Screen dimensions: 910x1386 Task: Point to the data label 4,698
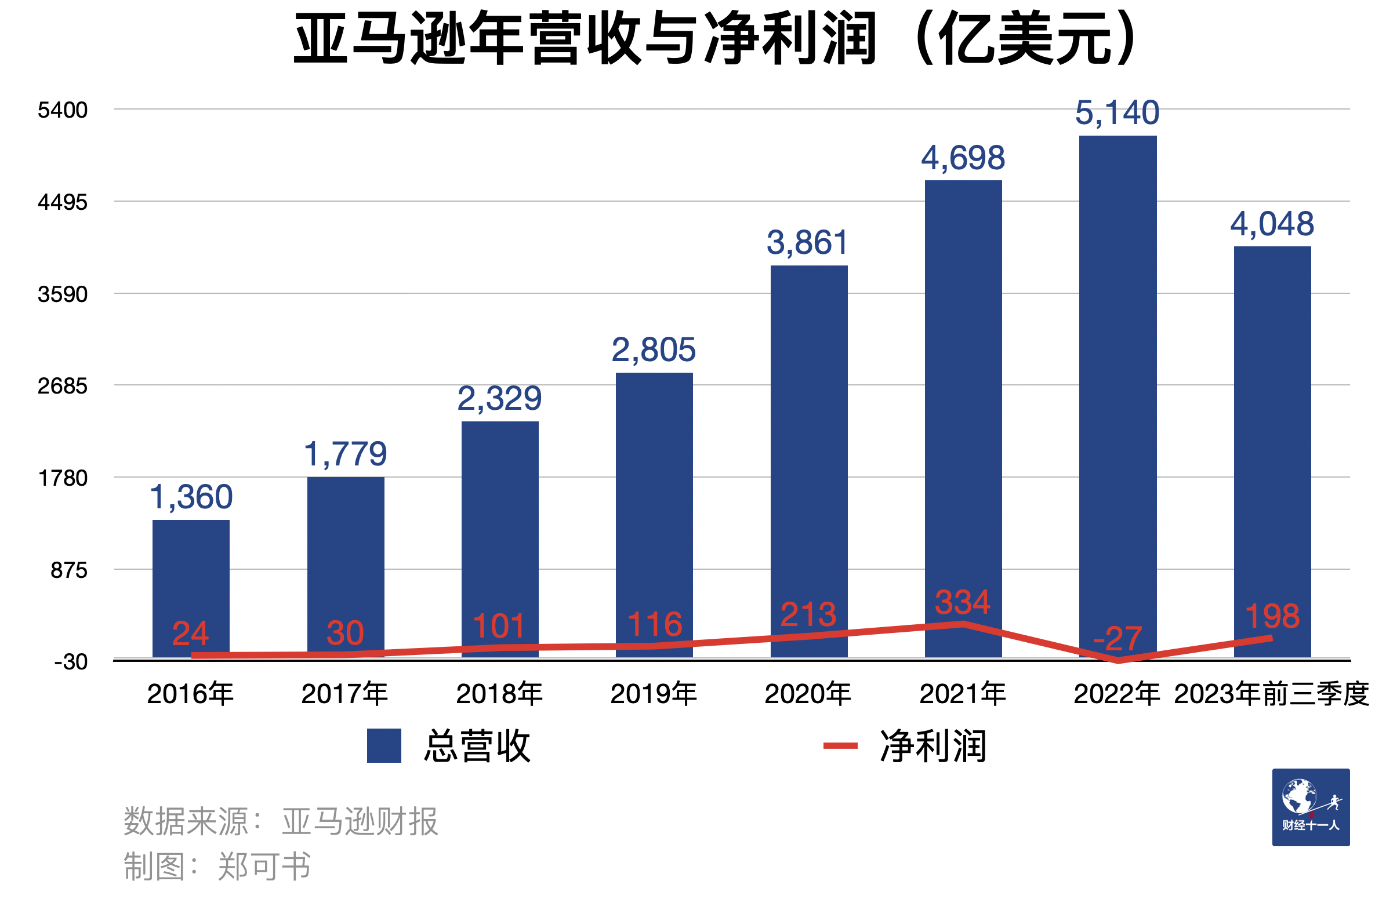pyautogui.click(x=963, y=158)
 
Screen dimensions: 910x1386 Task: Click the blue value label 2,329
pyautogui.click(x=499, y=399)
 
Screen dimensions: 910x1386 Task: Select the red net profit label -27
pyautogui.click(x=1117, y=639)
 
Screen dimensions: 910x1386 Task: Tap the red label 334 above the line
pyautogui.click(x=962, y=603)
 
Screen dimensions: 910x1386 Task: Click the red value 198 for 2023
pyautogui.click(x=1272, y=617)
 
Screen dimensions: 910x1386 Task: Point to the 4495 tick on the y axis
pyautogui.click(x=62, y=203)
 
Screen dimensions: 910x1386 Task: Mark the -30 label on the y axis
pyautogui.click(x=71, y=662)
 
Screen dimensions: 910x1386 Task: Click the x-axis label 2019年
pyautogui.click(x=654, y=694)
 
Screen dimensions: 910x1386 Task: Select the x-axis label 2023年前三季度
pyautogui.click(x=1271, y=694)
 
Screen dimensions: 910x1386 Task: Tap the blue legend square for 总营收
pyautogui.click(x=384, y=746)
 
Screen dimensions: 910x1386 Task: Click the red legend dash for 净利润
pyautogui.click(x=840, y=746)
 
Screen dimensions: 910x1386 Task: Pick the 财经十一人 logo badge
pyautogui.click(x=1310, y=807)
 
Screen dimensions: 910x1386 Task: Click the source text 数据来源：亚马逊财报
pyautogui.click(x=280, y=821)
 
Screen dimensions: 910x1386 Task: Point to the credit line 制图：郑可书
pyautogui.click(x=217, y=867)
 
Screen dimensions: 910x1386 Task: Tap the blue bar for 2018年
pyautogui.click(x=500, y=524)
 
